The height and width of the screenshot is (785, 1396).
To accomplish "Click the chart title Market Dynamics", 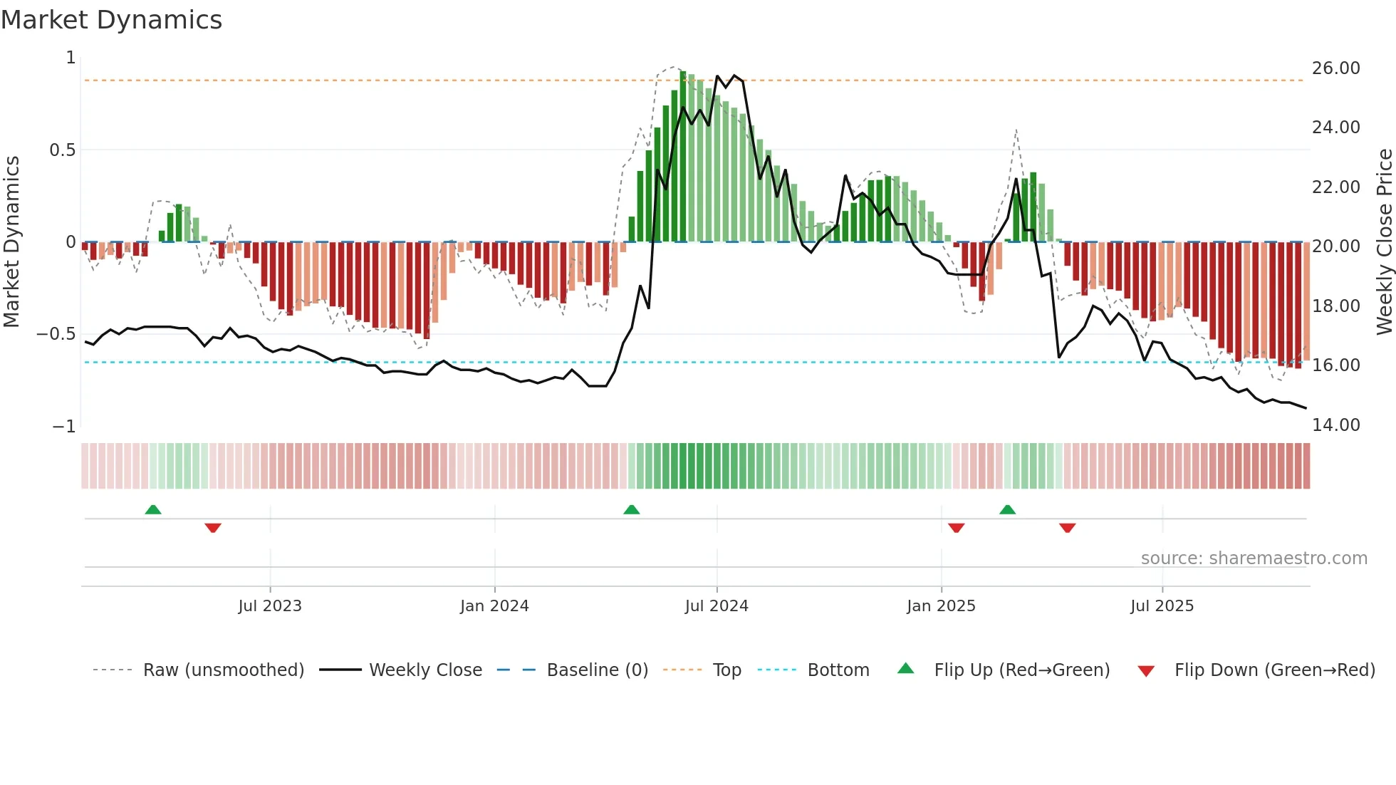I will pos(111,20).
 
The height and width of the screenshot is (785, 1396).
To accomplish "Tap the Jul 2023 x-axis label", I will pos(270,606).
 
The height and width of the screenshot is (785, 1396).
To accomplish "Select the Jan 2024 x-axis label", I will pos(494,606).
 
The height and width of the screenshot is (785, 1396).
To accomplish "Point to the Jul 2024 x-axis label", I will pos(717,606).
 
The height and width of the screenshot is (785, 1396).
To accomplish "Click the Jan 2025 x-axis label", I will pos(941,606).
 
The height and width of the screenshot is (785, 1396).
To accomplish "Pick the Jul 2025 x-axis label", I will pos(1162,606).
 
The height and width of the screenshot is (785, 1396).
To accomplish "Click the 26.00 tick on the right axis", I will pos(1335,68).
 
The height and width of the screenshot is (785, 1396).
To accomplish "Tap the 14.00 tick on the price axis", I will pos(1335,425).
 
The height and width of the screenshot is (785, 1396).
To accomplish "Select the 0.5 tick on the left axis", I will pos(62,150).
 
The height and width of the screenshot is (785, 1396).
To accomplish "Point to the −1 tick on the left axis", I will pos(64,427).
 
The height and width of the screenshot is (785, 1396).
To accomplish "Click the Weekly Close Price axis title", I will pos(1384,241).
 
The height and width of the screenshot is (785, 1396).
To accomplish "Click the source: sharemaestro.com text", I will pos(1254,558).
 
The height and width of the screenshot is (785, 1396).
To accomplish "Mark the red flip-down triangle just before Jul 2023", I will pos(213,528).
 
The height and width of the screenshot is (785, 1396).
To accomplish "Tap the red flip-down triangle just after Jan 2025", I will pos(956,528).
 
